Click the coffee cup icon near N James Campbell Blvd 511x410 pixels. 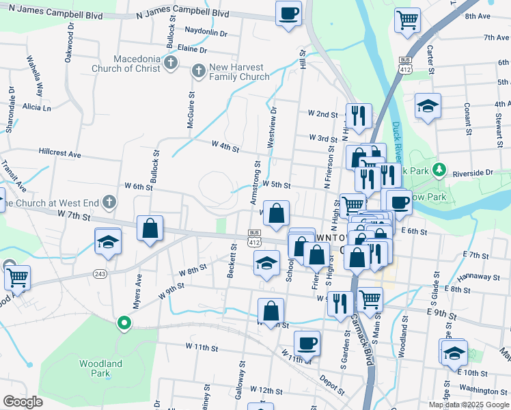[x=289, y=12]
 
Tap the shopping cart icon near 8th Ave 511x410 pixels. [x=407, y=19]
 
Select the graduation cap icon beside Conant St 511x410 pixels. [x=428, y=106]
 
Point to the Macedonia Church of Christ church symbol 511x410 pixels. [x=171, y=64]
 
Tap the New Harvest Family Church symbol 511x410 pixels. [x=198, y=70]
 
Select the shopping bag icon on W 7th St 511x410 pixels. [x=150, y=229]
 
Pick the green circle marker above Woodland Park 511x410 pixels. [x=124, y=323]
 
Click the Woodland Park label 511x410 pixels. [x=100, y=368]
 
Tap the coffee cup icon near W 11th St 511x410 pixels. [x=307, y=343]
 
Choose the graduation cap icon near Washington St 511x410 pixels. [x=454, y=352]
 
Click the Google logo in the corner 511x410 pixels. [x=23, y=401]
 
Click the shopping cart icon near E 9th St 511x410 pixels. [x=370, y=299]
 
